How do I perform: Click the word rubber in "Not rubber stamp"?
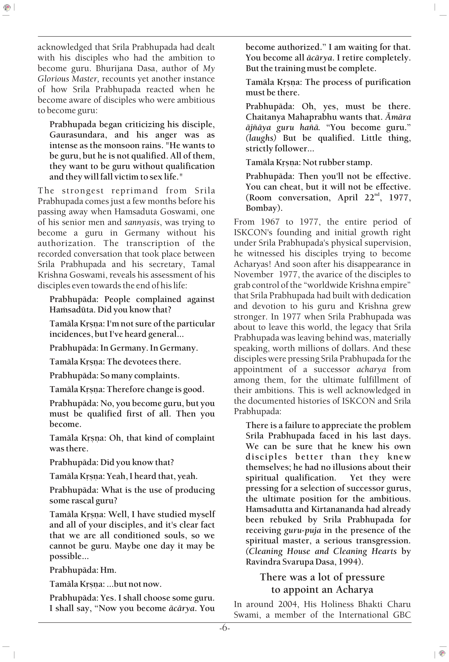pos(326,162)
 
